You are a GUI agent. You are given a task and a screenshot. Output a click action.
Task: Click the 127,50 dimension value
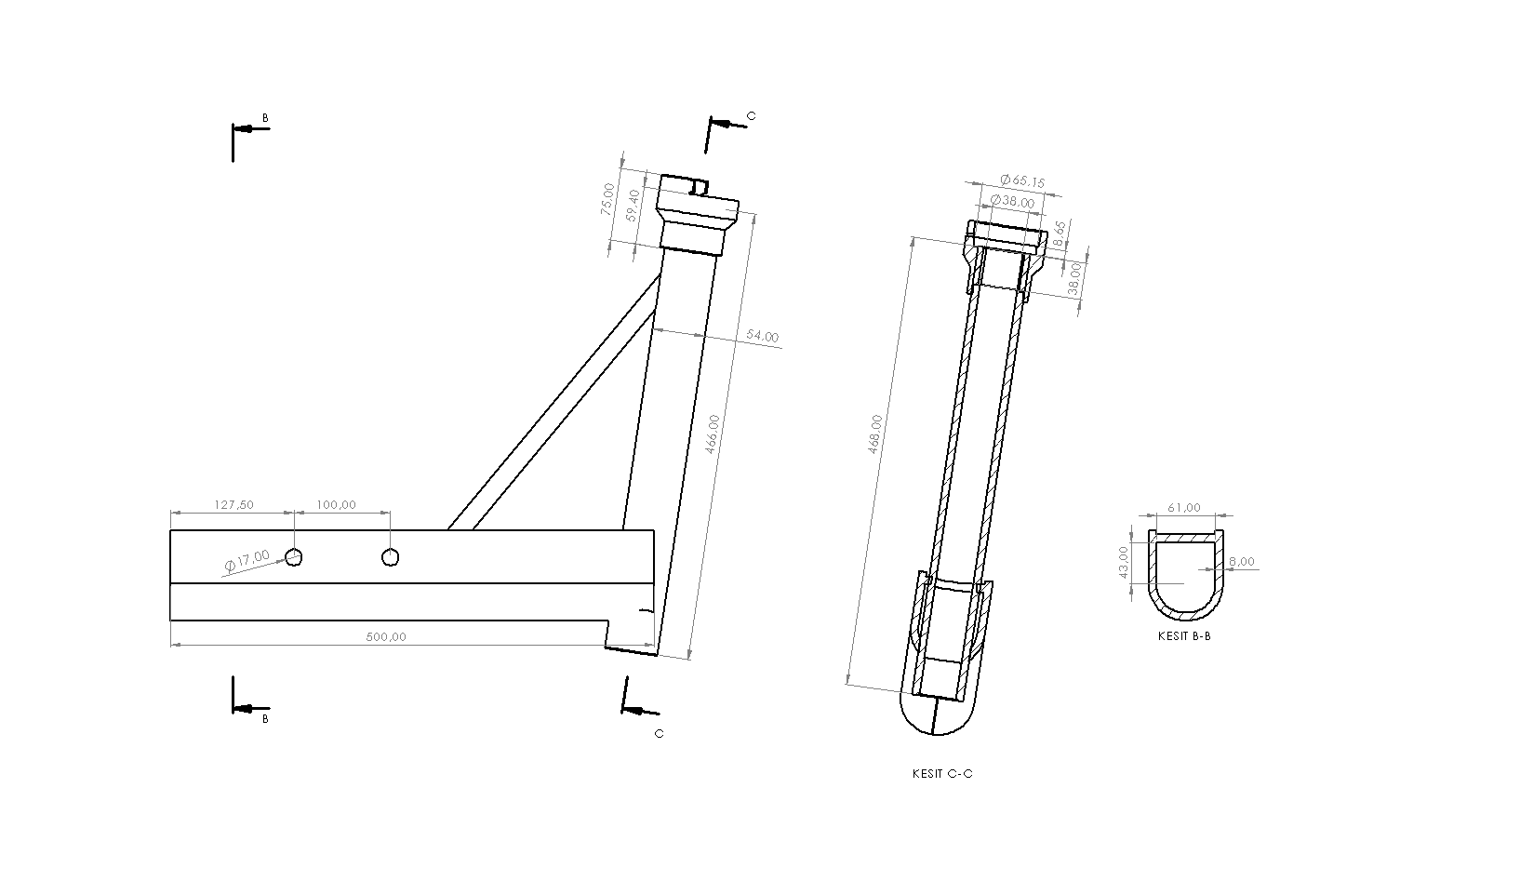[x=233, y=505]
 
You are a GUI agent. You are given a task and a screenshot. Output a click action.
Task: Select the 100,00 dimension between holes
[x=337, y=505]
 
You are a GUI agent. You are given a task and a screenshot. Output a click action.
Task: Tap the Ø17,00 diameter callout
[x=247, y=561]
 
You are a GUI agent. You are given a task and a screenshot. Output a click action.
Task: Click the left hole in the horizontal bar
[x=294, y=557]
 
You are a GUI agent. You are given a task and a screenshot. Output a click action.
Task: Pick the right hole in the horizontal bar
[x=391, y=557]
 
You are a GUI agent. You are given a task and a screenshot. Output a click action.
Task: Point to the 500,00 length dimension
[x=386, y=637]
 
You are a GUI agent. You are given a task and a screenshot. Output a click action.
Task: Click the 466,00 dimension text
[x=713, y=434]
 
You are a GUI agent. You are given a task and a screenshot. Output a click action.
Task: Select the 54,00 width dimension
[x=761, y=337]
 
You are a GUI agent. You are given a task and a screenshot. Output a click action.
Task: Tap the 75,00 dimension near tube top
[x=607, y=199]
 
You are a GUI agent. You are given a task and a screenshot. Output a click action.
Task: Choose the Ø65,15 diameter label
[x=1022, y=181]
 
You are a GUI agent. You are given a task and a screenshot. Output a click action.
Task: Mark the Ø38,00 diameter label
[x=1011, y=202]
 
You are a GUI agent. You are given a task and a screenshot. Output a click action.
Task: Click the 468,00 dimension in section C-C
[x=874, y=434]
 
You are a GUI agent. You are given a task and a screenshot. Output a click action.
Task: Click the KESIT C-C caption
[x=942, y=774]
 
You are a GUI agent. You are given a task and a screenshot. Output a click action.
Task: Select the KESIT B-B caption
[x=1184, y=636]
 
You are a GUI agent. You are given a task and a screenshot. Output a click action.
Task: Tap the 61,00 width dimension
[x=1184, y=508]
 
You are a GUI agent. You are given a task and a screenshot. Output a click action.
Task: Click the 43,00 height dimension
[x=1124, y=563]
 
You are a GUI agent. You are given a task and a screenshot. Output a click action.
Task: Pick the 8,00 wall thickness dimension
[x=1241, y=561]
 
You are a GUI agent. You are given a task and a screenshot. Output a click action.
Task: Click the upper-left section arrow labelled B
[x=249, y=127]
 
